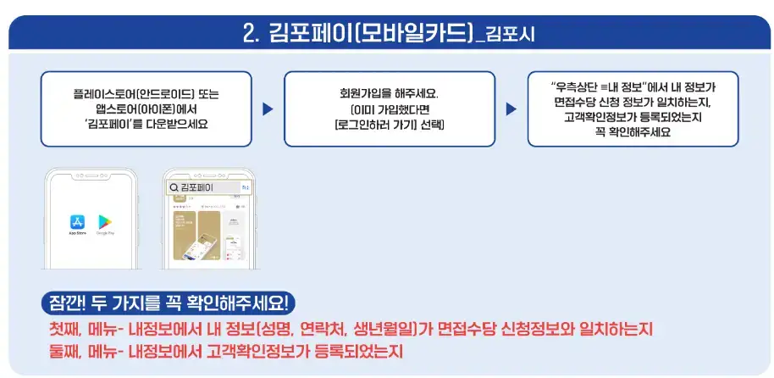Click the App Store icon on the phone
pos(77,221)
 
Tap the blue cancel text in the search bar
pos(246,186)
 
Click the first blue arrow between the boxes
pos(268,109)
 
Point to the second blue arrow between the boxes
pos(511,109)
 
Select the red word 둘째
pos(68,349)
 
